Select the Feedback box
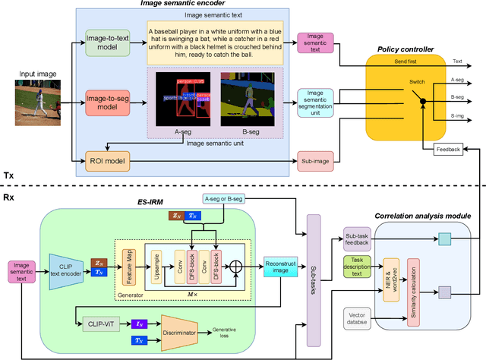click(x=448, y=150)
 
